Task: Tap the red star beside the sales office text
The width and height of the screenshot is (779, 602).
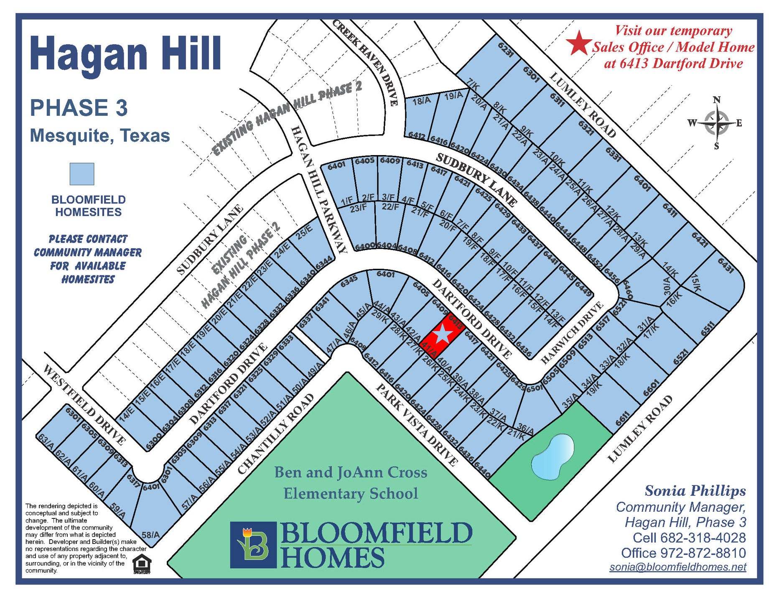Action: (579, 43)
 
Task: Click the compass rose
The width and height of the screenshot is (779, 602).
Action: (717, 123)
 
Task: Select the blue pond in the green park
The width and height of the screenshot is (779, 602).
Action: (552, 457)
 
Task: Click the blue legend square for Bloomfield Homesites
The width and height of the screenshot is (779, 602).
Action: (82, 174)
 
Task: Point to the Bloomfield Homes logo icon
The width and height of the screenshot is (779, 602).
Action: (253, 545)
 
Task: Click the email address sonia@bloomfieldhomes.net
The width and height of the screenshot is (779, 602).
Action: (677, 567)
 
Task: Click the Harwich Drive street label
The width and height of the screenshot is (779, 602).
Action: (572, 333)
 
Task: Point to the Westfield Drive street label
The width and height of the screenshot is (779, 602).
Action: (84, 405)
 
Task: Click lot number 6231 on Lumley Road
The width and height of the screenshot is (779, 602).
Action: (505, 49)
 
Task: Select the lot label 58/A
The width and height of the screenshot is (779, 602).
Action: (151, 535)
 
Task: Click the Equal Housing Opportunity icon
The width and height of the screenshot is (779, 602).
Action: (142, 564)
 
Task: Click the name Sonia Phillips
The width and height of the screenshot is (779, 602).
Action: (695, 491)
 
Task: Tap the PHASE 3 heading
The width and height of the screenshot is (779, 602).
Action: (79, 108)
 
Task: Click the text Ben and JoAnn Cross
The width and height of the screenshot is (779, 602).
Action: (351, 472)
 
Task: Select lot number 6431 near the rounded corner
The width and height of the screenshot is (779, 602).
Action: (726, 265)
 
